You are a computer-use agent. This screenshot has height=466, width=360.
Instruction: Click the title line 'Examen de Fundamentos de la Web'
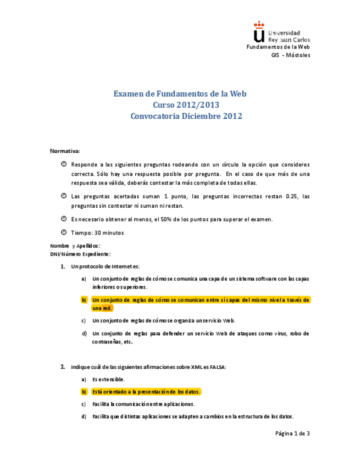tap(180, 93)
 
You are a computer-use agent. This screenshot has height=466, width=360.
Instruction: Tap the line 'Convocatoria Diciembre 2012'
tap(186, 116)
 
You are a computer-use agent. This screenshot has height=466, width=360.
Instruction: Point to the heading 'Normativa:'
tap(65, 151)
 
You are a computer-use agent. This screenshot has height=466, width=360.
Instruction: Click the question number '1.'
tap(63, 267)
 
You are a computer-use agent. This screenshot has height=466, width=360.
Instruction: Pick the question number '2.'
tap(63, 367)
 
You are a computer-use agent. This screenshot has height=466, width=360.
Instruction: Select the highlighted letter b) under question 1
tap(84, 299)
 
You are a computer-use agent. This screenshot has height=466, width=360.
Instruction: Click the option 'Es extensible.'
tap(108, 379)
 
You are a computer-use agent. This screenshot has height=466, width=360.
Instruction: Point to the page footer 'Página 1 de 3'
tap(292, 434)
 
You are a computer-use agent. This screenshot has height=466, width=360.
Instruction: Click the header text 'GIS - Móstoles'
tap(291, 56)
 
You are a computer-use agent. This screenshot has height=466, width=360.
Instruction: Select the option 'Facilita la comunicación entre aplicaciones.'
tap(143, 404)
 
